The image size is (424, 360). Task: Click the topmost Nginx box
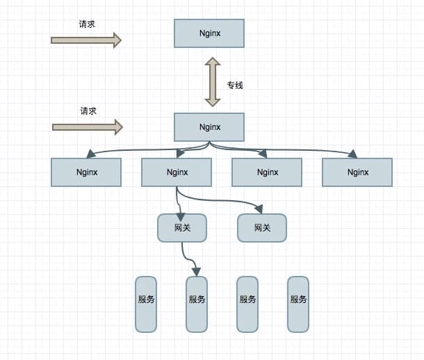coord(209,33)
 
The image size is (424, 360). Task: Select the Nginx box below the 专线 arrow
coord(209,127)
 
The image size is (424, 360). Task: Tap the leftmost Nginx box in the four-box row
coord(86,172)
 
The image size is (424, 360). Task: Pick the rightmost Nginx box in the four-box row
coord(357,172)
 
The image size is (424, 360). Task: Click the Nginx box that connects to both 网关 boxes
coord(177,172)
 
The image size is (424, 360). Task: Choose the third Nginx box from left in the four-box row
coord(267,172)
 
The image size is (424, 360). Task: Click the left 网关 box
coord(182,228)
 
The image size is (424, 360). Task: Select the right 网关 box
coord(262,228)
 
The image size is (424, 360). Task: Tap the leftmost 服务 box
coord(146,304)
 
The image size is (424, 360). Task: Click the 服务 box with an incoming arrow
coord(197,304)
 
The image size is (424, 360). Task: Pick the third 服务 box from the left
coord(247,304)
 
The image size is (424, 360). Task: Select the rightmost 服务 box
coord(298,304)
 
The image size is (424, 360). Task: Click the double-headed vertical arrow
coord(213,81)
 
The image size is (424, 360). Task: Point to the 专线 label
coord(235,85)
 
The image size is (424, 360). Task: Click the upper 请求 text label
coord(87,24)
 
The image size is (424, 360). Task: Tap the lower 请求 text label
coord(88,111)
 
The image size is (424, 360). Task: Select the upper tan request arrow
coord(86,40)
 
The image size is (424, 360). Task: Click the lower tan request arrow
coord(88,127)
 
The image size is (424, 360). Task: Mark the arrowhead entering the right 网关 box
coord(259,209)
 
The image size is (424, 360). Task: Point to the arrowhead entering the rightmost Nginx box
coord(353,154)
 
